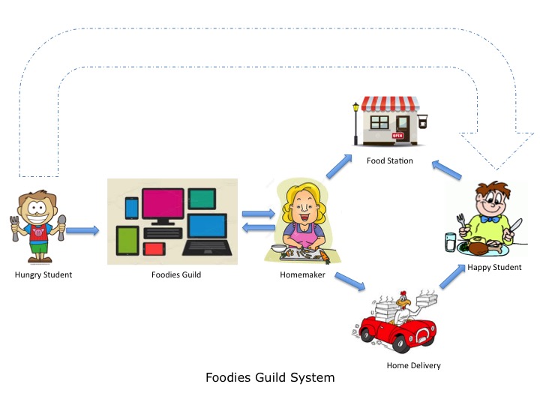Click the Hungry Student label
pos(43,274)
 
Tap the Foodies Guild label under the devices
pos(175,274)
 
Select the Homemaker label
pos(300,274)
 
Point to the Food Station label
pos(389,160)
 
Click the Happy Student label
pos(493,267)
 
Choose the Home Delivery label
pos(413,365)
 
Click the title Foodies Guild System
pos(270,378)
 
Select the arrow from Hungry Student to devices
pos(82,230)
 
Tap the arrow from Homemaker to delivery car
pos(349,282)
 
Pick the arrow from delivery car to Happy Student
pos(452,275)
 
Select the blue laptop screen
pos(207,226)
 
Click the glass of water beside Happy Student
pos(450,242)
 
